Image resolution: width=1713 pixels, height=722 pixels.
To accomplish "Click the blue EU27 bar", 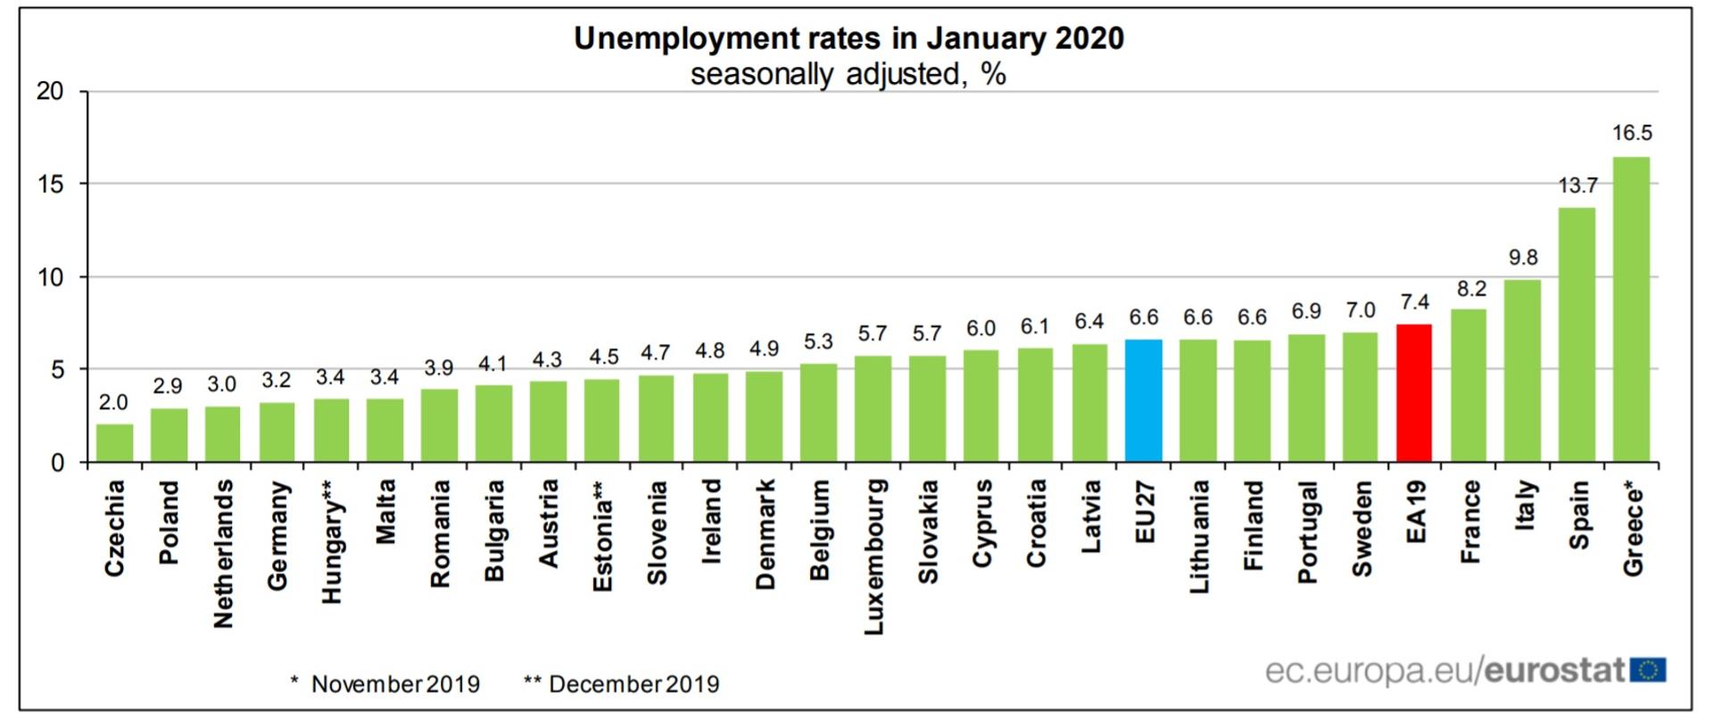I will tap(1144, 401).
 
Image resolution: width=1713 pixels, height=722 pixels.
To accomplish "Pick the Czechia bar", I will tap(114, 443).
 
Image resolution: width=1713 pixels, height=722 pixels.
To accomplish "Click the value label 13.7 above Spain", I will tap(1577, 185).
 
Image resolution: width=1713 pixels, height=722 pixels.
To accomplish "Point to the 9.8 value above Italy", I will tap(1523, 258).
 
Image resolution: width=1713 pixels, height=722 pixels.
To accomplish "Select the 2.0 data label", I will tap(113, 403).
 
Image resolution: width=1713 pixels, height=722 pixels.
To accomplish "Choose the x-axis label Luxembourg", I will tap(874, 556).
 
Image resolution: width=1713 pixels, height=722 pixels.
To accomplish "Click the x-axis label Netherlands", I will tap(223, 553).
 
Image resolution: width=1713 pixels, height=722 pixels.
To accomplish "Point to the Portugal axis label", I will tap(1307, 531).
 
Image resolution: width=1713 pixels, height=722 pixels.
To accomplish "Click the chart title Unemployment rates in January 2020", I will tap(848, 38).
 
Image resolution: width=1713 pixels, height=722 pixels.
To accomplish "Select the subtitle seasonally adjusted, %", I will tap(848, 74).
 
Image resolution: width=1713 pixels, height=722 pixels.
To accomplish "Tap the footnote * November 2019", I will tap(385, 685).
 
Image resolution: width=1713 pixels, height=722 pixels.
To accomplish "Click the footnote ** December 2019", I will tap(621, 685).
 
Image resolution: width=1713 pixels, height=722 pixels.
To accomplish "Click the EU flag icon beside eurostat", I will tap(1648, 670).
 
